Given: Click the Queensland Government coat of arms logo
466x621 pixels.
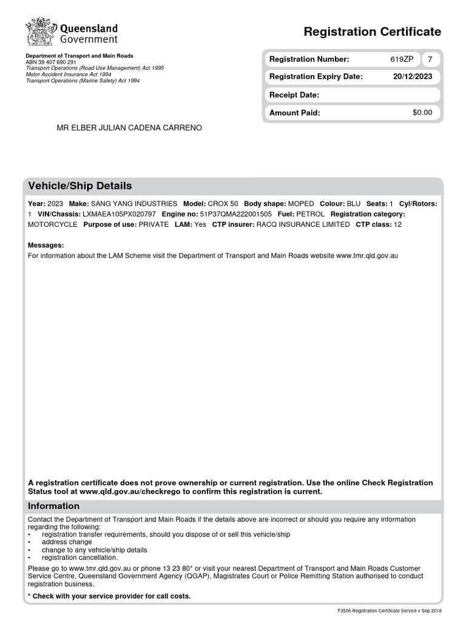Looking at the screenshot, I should pos(40,32).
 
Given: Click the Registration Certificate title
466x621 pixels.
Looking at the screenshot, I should pos(372,32).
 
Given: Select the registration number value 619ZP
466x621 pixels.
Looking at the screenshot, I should pos(402,59).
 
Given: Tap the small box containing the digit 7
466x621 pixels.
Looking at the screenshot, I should pos(430,59).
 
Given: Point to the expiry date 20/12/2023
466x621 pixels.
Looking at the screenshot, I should pos(413,77).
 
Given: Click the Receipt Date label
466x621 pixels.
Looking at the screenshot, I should pos(294,95).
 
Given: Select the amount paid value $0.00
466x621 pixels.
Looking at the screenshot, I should pos(422,113).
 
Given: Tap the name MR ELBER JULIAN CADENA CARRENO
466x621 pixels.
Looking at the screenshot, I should pos(129,128).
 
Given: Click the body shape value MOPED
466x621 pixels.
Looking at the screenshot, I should pos(301,204).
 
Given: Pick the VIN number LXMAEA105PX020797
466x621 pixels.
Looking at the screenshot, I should pos(119,215).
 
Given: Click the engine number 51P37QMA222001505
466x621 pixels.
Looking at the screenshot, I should pos(235,215).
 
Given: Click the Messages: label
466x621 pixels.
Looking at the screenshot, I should pos(46,245).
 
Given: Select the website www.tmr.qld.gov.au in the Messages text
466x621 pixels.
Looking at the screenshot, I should pos(367,256).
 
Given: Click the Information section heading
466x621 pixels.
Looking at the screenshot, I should pos(54,506).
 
